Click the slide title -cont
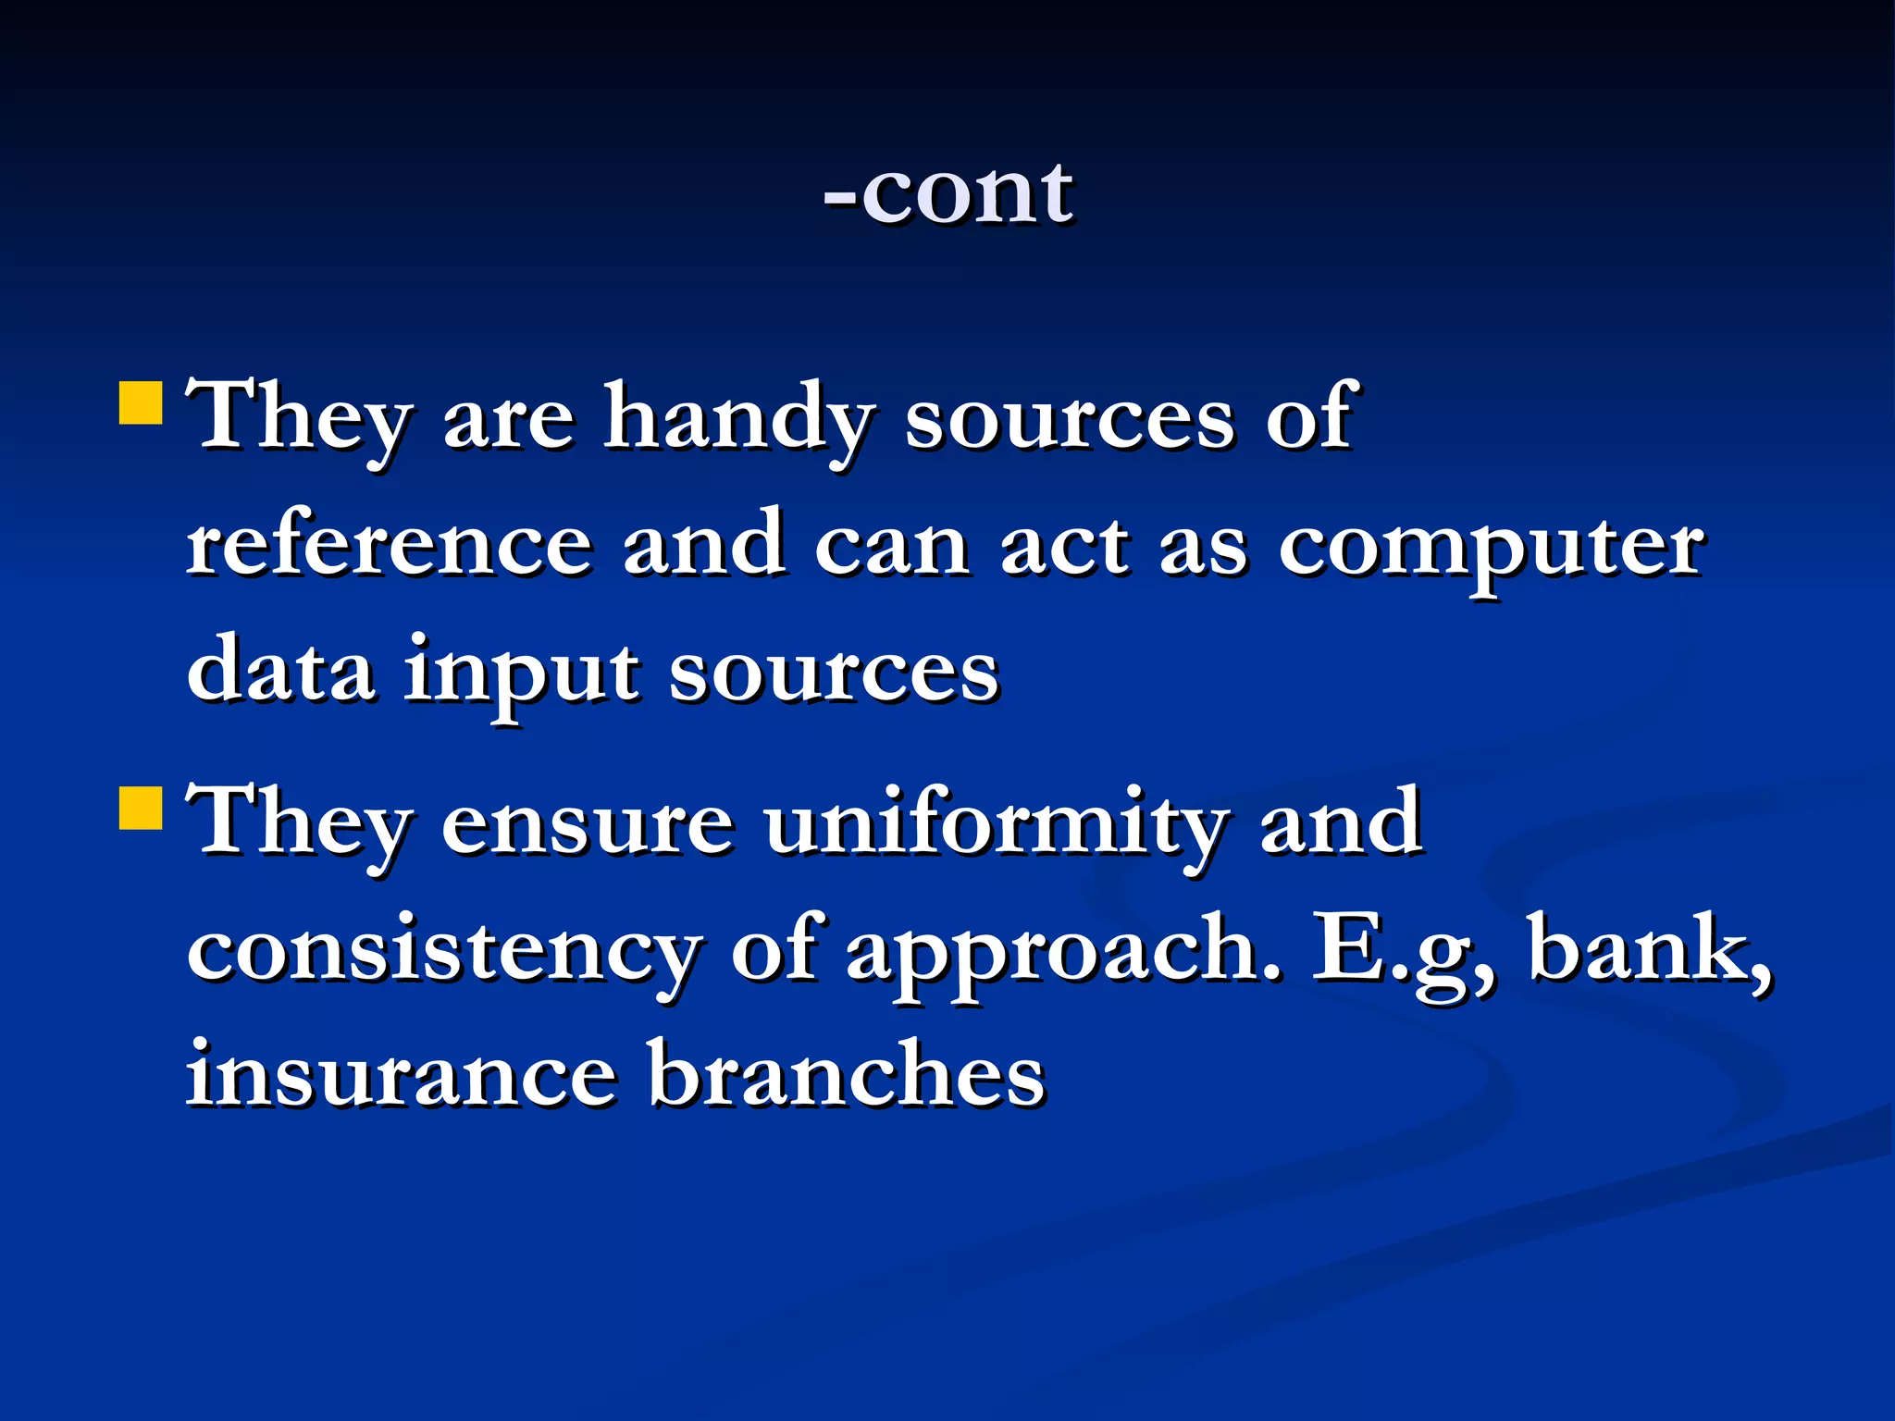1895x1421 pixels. pyautogui.click(x=948, y=193)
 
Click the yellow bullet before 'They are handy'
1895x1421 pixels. pyautogui.click(x=142, y=402)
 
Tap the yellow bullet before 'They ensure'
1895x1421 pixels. pyautogui.click(x=142, y=808)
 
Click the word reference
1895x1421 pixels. pyautogui.click(x=390, y=546)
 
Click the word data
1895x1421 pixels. pyautogui.click(x=281, y=671)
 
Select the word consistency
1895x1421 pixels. pyautogui.click(x=443, y=953)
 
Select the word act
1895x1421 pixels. pyautogui.click(x=1064, y=546)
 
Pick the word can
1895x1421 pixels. pyautogui.click(x=892, y=546)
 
